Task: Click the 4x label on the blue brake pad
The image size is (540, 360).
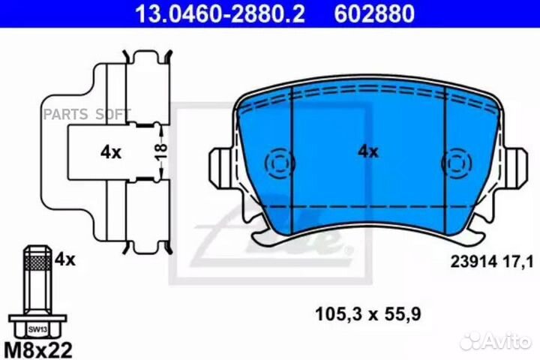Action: (367, 151)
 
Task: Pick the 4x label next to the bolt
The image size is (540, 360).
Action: (65, 260)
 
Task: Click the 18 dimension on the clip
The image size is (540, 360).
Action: (160, 151)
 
